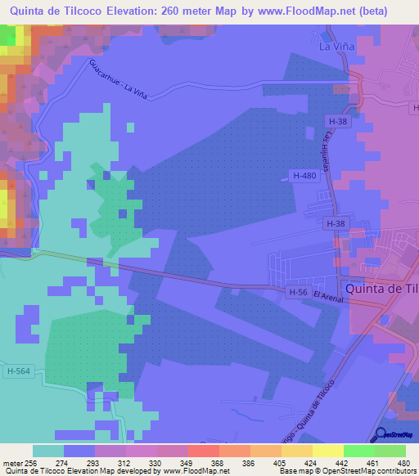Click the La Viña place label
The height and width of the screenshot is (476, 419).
336,47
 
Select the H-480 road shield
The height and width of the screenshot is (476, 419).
304,175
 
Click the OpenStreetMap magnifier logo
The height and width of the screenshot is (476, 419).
381,434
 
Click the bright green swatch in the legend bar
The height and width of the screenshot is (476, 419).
358,451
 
